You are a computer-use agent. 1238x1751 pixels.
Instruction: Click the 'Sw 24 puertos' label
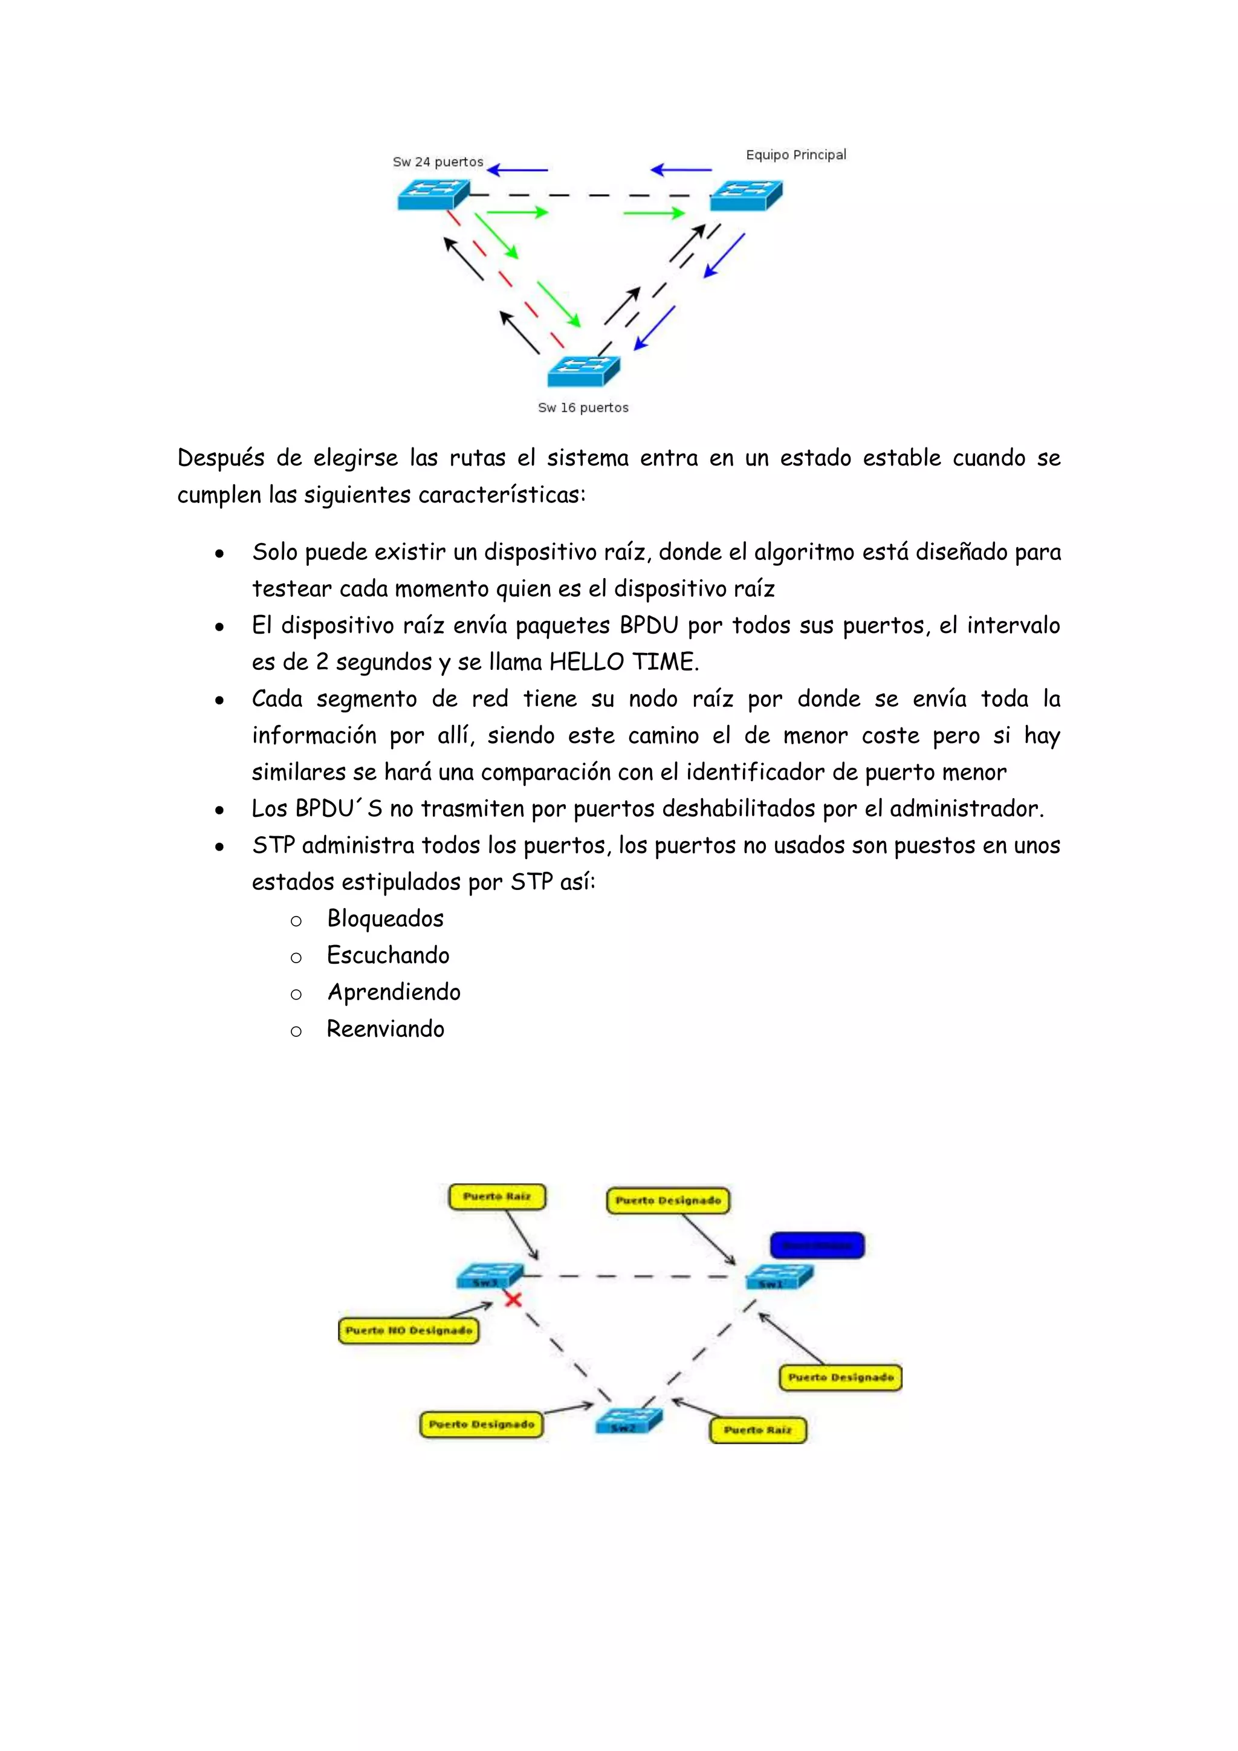point(438,161)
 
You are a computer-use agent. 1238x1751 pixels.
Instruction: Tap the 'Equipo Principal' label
point(796,155)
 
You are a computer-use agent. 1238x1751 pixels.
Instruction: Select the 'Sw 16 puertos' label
point(583,408)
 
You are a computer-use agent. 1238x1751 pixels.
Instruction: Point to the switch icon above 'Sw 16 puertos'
point(583,371)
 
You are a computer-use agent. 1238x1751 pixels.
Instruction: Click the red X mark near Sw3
point(513,1299)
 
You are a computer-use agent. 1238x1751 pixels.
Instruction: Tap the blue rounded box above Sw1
point(817,1246)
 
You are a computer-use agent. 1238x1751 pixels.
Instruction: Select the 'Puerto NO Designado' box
point(409,1330)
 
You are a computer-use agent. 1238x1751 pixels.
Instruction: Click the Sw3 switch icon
point(488,1276)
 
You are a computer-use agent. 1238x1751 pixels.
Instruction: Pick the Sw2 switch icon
point(628,1421)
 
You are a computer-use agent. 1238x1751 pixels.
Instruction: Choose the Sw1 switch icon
point(779,1276)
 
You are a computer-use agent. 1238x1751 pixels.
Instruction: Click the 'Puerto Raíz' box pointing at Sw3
point(497,1197)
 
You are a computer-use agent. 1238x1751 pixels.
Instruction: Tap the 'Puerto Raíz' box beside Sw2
point(758,1430)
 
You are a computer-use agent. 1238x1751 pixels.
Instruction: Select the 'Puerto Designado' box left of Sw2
point(481,1424)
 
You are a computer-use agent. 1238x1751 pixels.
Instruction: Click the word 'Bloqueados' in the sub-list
point(385,919)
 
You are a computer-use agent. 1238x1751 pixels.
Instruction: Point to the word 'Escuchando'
point(388,955)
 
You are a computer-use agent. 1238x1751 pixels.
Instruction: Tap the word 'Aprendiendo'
point(394,992)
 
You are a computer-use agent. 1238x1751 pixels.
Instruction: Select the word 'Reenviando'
point(385,1029)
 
